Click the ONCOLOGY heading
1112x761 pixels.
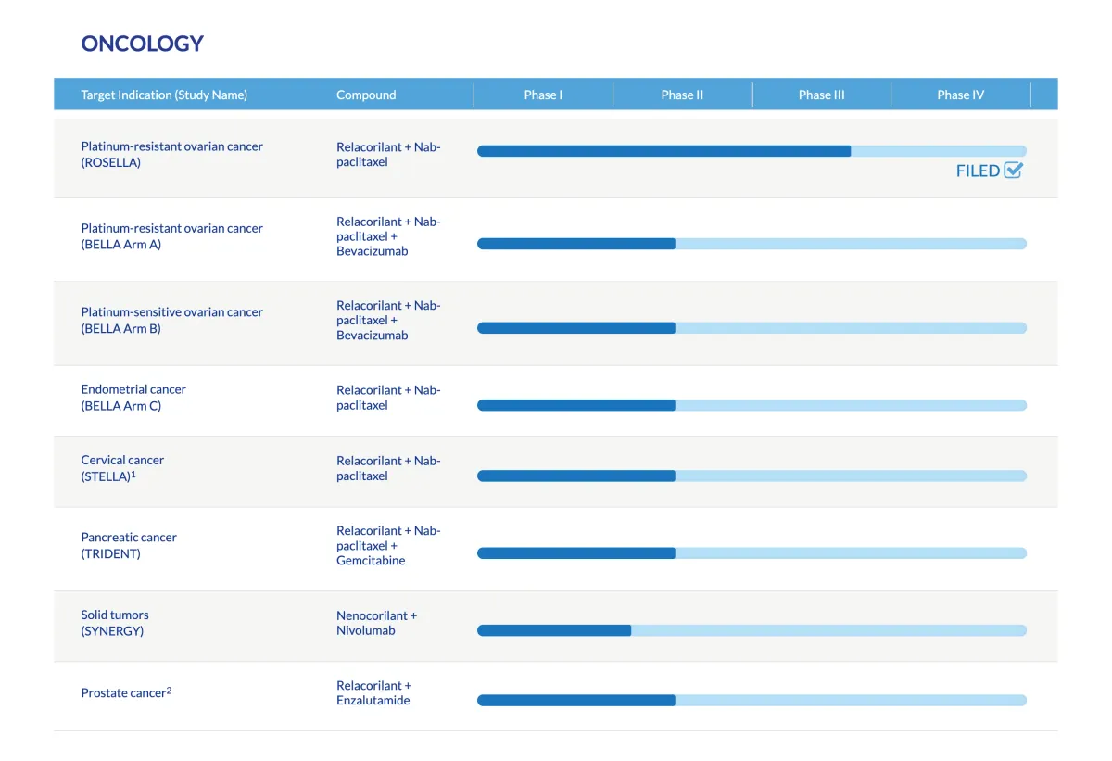point(142,44)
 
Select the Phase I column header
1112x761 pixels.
point(543,95)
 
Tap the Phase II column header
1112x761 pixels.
point(682,95)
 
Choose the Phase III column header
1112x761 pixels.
point(821,95)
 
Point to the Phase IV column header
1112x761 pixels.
point(960,95)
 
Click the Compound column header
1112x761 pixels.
point(366,95)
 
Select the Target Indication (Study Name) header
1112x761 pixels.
point(164,95)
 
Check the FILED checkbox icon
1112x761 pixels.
point(1013,170)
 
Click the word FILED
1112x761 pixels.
point(978,171)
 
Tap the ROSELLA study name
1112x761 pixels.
point(111,162)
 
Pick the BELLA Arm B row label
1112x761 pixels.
point(121,328)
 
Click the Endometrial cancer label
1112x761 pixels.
point(133,389)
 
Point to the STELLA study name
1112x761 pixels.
point(107,476)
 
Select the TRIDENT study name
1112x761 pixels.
point(111,553)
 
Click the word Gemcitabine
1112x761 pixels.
point(371,560)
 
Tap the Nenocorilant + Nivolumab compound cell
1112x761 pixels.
point(376,623)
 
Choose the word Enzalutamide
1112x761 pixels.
point(373,700)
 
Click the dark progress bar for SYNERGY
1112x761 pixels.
point(554,630)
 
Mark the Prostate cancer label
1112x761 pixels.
point(122,693)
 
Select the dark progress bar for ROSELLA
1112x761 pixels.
point(663,151)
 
